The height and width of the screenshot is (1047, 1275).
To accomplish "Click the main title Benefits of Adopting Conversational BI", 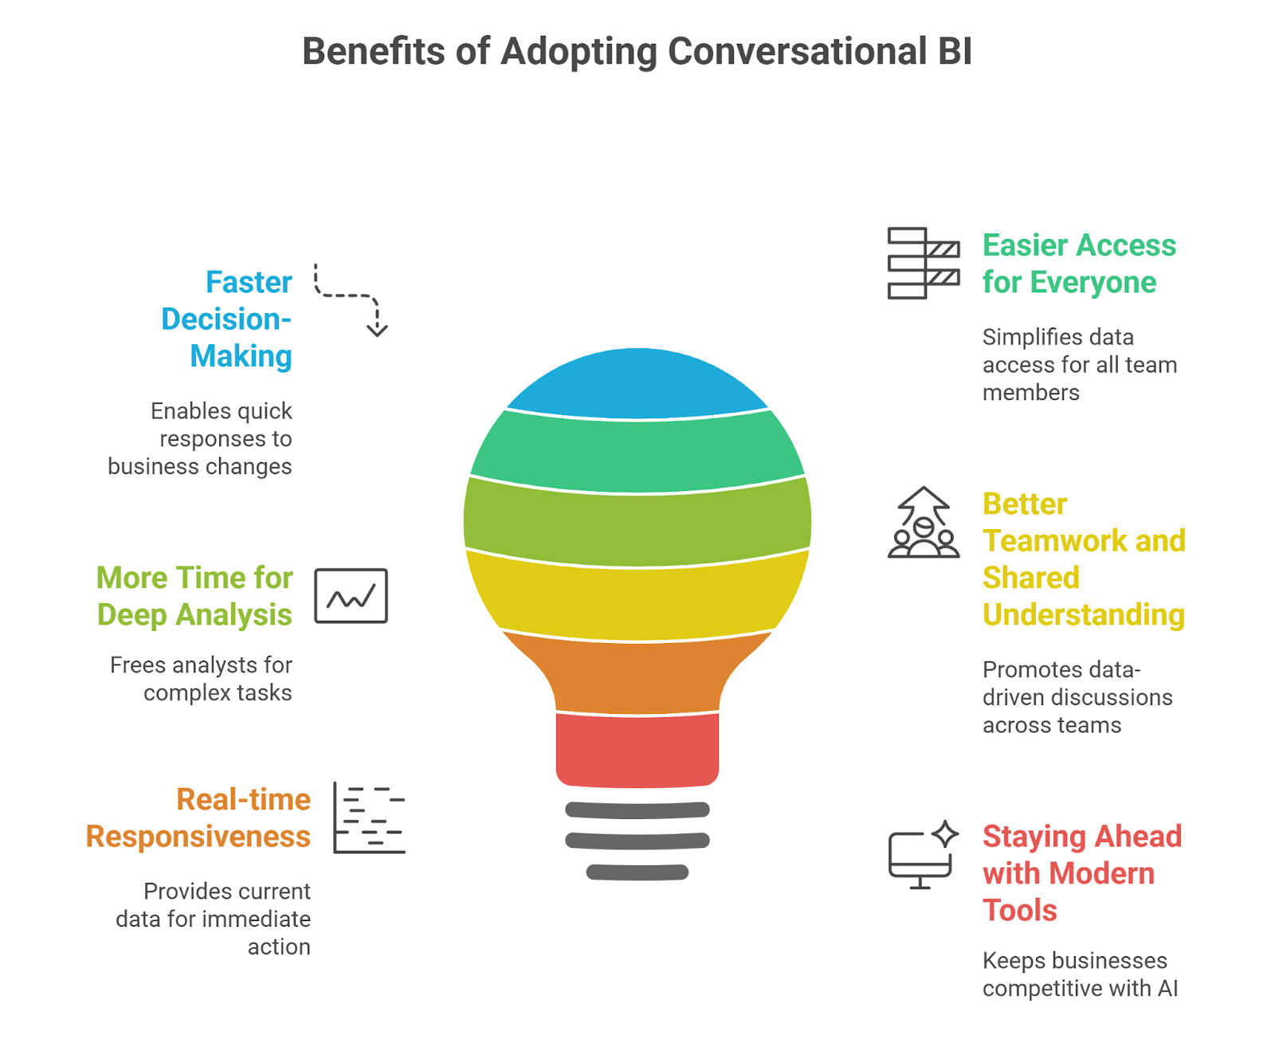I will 637,52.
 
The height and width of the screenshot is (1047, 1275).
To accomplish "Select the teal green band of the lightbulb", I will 637,453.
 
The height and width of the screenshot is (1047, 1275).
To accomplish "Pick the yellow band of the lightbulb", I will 637,598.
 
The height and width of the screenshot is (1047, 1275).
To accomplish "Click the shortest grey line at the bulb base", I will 637,872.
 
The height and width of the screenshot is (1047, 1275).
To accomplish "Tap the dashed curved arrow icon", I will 351,300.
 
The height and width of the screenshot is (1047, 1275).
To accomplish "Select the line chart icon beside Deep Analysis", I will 351,596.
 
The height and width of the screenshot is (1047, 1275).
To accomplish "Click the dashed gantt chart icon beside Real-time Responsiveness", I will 369,818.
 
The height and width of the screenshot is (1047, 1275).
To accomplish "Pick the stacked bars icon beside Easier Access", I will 923,264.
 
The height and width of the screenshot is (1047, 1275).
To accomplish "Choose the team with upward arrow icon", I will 924,523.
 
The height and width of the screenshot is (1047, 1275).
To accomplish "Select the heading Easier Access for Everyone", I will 1078,264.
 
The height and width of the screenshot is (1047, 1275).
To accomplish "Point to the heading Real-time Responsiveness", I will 199,818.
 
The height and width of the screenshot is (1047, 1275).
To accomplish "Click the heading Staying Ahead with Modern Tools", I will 1081,873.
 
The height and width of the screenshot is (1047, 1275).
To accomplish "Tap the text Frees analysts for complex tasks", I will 202,679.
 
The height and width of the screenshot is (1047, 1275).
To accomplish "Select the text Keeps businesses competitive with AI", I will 1080,974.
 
